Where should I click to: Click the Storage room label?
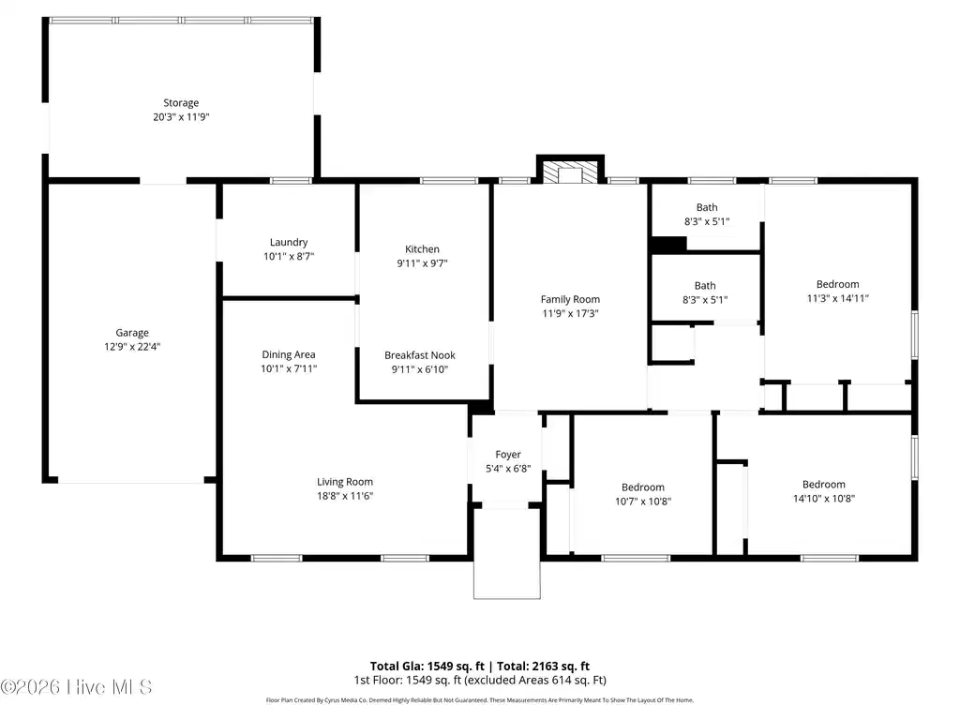click(x=181, y=103)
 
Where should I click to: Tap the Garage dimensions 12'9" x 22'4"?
click(x=132, y=347)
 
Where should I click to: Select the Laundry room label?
click(x=289, y=243)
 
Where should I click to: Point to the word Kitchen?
click(x=422, y=249)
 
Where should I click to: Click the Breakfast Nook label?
click(x=420, y=355)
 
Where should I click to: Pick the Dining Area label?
click(x=289, y=354)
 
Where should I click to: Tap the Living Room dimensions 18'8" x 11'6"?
click(x=345, y=496)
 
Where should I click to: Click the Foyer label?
click(x=508, y=455)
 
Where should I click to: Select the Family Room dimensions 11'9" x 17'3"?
click(x=570, y=313)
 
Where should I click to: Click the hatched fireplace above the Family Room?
click(x=570, y=172)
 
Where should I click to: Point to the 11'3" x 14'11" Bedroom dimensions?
click(x=837, y=298)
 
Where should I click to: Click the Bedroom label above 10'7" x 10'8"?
click(x=643, y=487)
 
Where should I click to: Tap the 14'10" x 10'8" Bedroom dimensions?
click(x=823, y=499)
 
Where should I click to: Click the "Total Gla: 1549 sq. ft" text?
click(x=427, y=667)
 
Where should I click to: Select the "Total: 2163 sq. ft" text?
click(x=543, y=667)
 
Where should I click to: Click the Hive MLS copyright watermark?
click(x=76, y=687)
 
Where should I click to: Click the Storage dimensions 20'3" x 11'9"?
click(x=181, y=117)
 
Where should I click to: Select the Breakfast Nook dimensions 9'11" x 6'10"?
click(x=420, y=369)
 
